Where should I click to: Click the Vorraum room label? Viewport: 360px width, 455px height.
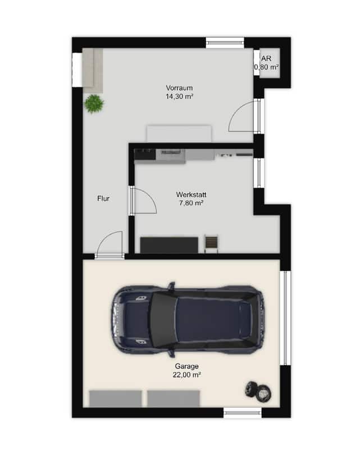179,88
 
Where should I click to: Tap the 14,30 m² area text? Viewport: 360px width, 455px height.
179,97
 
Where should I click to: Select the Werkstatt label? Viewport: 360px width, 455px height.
191,194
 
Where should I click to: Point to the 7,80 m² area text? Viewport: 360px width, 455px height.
191,203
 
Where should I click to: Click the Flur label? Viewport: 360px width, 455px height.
103,199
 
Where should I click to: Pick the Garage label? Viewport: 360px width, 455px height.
187,366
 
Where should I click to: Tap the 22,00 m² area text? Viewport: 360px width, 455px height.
187,375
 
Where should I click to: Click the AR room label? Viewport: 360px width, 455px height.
266,58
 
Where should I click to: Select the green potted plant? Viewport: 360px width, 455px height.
94,103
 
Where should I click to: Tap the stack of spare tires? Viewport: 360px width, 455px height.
259,392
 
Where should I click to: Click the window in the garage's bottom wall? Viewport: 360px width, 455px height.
243,413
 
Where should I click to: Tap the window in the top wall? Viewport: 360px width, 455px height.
225,43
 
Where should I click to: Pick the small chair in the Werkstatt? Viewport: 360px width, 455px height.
211,243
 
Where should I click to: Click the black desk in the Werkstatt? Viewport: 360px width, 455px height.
169,245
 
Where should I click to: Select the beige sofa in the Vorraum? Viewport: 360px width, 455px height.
93,71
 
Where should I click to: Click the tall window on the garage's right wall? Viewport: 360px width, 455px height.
285,318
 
